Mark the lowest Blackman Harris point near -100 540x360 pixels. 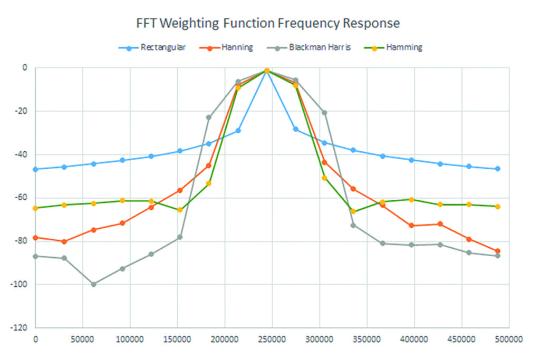point(93,284)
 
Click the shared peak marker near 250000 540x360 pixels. point(267,71)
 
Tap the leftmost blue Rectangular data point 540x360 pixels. point(35,169)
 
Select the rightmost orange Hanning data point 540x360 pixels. point(497,251)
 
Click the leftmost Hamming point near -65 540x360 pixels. point(35,208)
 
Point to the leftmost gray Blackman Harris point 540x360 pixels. point(35,256)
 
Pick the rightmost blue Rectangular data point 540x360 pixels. point(497,169)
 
